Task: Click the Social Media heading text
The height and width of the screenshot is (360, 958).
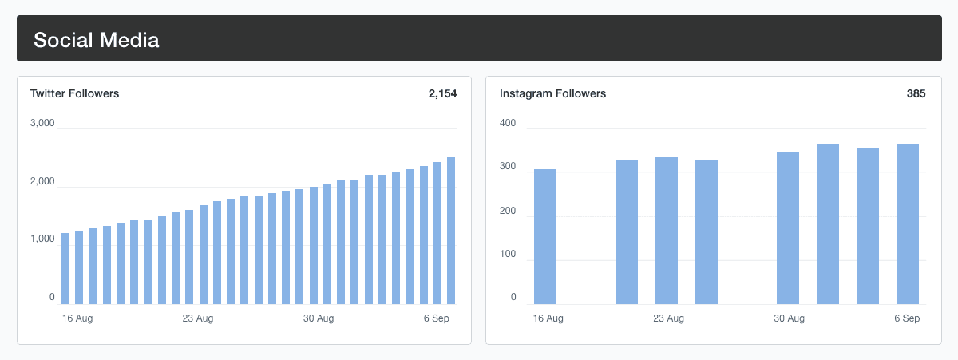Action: pos(96,40)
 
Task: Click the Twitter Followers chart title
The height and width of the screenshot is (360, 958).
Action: pos(74,93)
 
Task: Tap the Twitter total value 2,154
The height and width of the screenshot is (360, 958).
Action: pos(442,93)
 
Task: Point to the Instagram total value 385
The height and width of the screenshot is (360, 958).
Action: pos(916,93)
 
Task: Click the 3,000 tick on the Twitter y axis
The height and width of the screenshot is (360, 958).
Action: pos(42,124)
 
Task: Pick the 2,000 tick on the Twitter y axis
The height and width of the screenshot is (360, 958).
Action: pos(42,182)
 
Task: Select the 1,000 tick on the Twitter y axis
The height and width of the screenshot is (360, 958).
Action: pos(42,239)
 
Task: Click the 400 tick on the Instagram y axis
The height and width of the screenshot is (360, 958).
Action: pos(508,124)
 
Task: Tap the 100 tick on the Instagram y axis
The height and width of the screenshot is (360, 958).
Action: pos(508,255)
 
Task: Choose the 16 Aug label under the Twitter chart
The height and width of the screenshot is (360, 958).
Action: pos(77,319)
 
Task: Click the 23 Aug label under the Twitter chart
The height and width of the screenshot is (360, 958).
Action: pos(198,319)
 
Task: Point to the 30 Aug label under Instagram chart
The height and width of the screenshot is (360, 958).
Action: pos(789,319)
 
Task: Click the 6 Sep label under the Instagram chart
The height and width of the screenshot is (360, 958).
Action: pos(907,319)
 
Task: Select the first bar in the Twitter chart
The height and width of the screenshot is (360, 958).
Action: pos(65,269)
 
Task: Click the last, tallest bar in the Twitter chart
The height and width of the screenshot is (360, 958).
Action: pos(451,231)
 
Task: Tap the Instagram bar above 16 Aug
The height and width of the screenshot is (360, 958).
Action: pos(545,237)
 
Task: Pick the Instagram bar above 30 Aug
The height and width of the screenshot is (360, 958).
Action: pos(788,228)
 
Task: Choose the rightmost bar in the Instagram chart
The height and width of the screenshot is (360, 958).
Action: pos(908,224)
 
